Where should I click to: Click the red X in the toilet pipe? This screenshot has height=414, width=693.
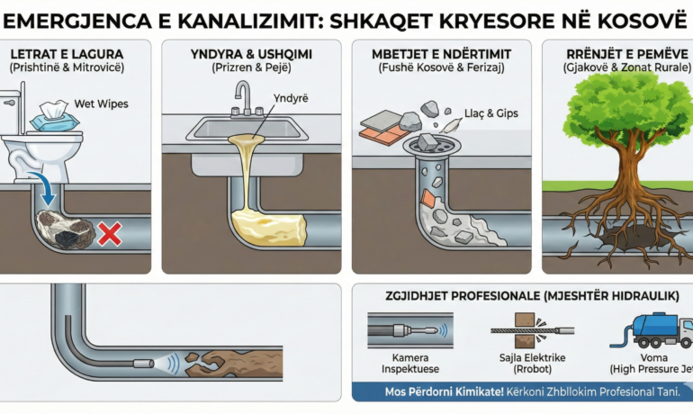(109, 235)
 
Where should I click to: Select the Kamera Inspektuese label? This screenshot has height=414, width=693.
(402, 364)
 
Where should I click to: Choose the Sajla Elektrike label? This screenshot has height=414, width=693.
(526, 364)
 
